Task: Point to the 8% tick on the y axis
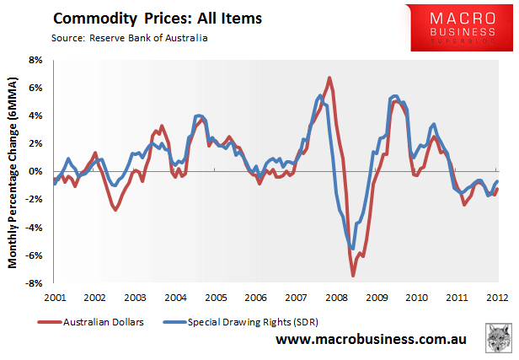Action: (x=37, y=61)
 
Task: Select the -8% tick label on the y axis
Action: (x=35, y=283)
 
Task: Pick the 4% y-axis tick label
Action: (x=37, y=116)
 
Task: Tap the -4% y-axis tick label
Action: (x=35, y=228)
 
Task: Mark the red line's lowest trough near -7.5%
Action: (x=353, y=276)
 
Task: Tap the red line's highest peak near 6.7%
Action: (x=329, y=78)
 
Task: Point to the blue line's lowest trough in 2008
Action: (x=351, y=248)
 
